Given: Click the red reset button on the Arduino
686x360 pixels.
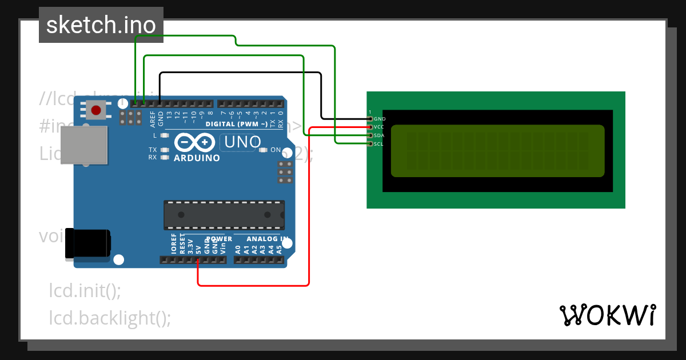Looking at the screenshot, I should [96, 110].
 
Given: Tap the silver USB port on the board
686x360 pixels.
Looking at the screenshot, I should [84, 145].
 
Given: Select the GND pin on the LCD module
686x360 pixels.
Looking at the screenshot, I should [370, 118].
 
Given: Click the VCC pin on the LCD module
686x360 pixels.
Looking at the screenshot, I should [370, 127].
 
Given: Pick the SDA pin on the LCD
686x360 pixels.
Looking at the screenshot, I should [370, 135].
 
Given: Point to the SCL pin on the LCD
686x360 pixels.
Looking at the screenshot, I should [370, 144].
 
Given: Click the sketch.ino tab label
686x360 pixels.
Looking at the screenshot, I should [101, 25].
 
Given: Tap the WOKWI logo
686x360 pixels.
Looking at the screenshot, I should [607, 315].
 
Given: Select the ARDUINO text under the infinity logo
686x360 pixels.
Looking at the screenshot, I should [197, 158].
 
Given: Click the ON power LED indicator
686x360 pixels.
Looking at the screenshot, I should [264, 150].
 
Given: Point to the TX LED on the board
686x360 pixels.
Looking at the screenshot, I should [165, 150].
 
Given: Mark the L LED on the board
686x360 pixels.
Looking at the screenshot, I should [165, 135].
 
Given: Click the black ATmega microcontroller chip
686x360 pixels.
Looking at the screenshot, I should [224, 214].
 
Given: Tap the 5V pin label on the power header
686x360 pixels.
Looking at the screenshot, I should [198, 250].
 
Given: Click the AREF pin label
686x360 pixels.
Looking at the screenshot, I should [153, 119].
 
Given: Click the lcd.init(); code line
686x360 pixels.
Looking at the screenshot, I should [85, 290].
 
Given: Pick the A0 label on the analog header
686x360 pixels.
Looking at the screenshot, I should [238, 250].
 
